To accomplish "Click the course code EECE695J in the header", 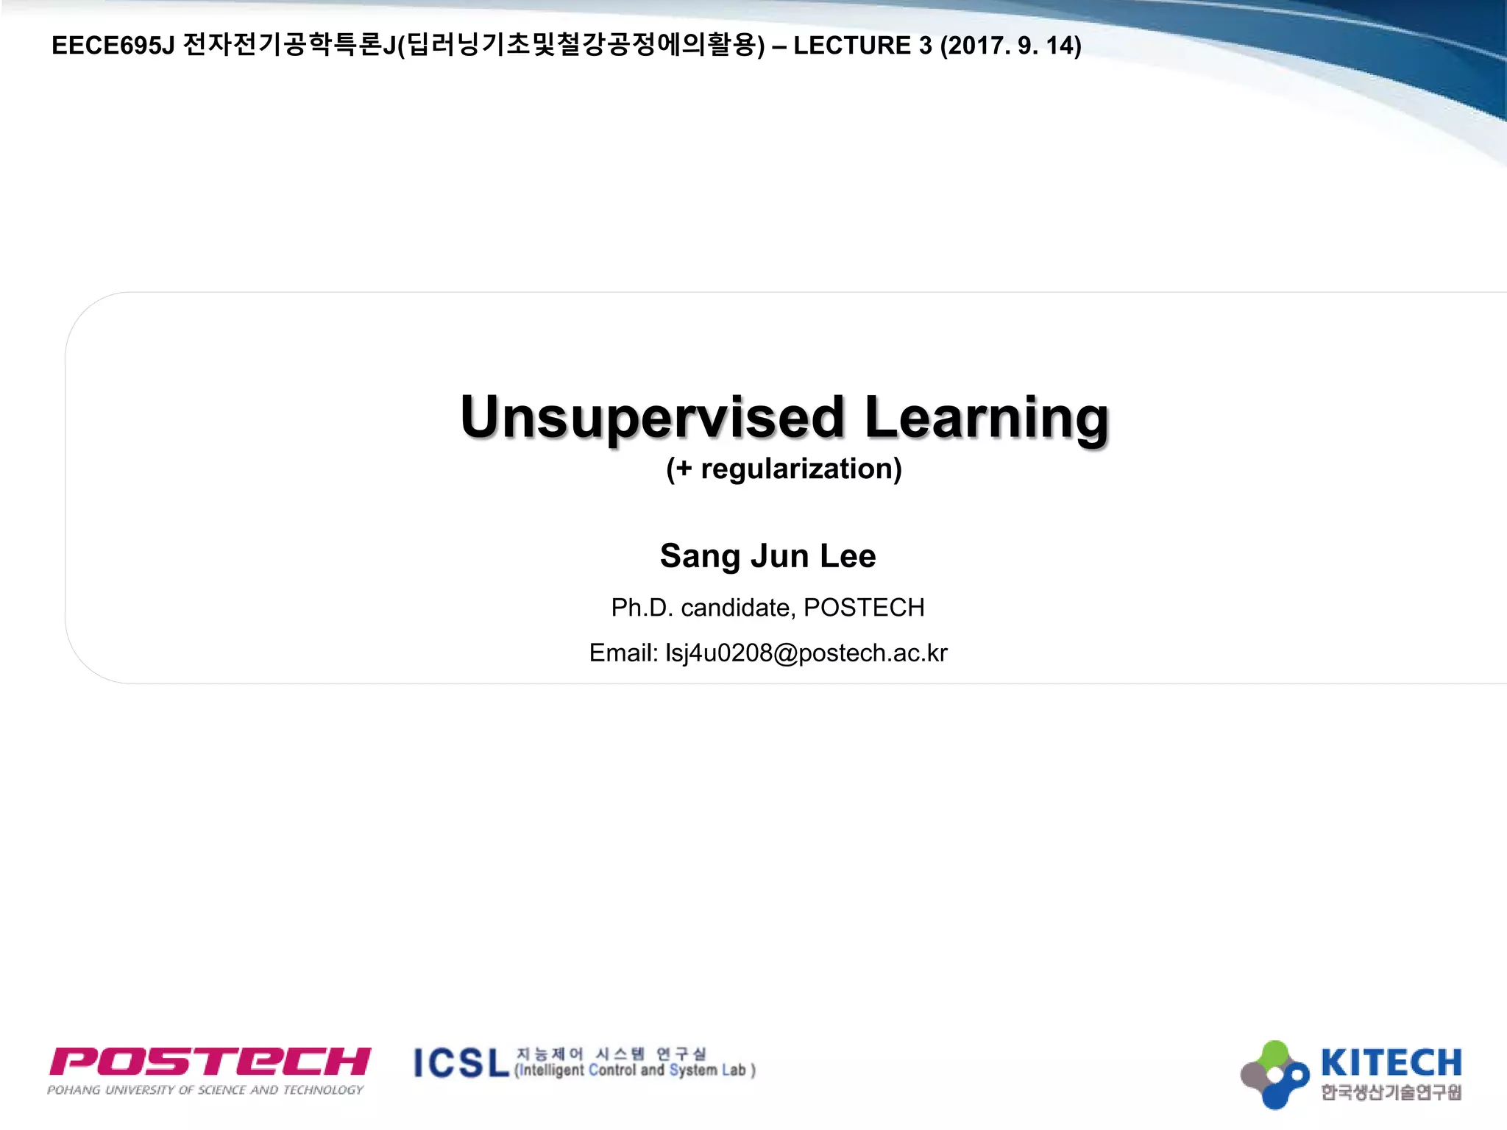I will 113,46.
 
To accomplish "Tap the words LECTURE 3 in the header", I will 862,46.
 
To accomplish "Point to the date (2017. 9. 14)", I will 1010,46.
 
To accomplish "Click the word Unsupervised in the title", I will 652,417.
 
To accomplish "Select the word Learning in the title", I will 986,417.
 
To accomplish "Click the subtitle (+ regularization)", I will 784,469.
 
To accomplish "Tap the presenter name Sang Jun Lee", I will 767,556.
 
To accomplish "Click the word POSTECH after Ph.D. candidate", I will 864,608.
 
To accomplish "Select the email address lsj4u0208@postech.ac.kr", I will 806,653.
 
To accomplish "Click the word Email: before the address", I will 623,653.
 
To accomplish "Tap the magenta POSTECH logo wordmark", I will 210,1062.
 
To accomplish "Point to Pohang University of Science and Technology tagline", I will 205,1090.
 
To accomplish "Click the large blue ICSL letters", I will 461,1064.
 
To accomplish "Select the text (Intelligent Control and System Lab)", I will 635,1070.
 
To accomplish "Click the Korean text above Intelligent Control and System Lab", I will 611,1053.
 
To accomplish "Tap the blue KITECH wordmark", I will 1391,1063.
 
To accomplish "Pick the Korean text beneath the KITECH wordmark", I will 1391,1092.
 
